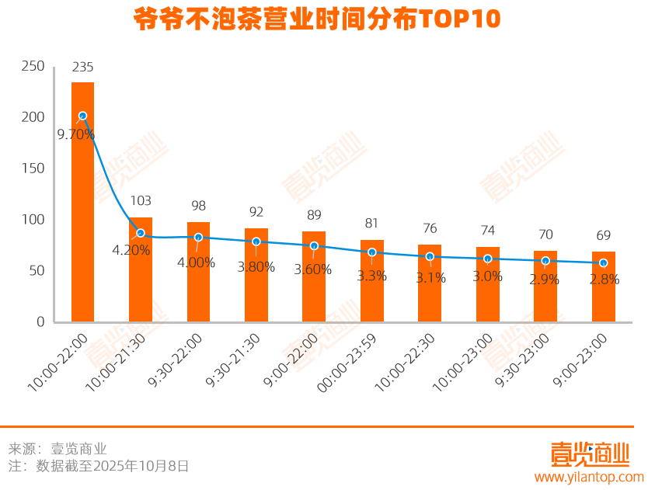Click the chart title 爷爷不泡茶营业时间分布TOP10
click(317, 19)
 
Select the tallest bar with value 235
click(82, 202)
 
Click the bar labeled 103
click(141, 272)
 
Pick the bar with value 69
click(603, 287)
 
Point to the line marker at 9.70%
click(82, 116)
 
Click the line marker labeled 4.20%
click(141, 233)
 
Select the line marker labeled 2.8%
click(603, 262)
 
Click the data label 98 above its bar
click(198, 206)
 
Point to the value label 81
click(371, 224)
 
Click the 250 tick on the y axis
click(33, 67)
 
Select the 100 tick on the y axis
click(33, 220)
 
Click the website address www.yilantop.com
click(589, 477)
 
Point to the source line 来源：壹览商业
click(57, 449)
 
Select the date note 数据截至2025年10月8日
click(113, 467)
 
